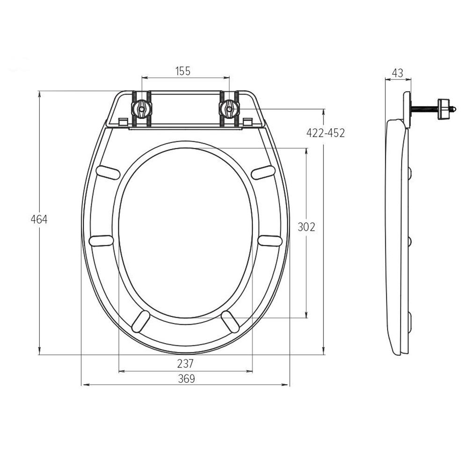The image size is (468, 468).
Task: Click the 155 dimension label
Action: [x=183, y=71]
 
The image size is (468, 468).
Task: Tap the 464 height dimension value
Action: [x=39, y=219]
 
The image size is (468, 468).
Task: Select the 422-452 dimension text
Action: [x=325, y=133]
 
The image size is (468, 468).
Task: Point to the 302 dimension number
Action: [x=306, y=227]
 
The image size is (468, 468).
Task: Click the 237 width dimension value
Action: [x=185, y=364]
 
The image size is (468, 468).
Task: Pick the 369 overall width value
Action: [x=187, y=379]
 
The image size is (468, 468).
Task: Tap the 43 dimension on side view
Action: [x=397, y=73]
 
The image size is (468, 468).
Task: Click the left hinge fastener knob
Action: [x=142, y=109]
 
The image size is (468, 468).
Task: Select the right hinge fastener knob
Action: [x=229, y=109]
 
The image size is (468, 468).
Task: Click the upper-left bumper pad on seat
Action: [x=108, y=173]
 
